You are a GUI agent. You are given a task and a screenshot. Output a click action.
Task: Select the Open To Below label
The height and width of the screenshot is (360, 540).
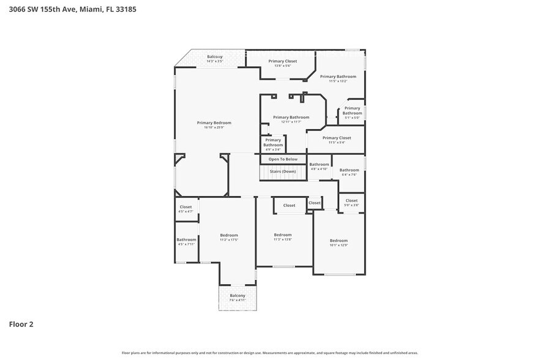coord(283,159)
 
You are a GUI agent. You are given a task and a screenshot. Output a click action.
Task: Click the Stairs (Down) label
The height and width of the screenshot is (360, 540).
coord(283,171)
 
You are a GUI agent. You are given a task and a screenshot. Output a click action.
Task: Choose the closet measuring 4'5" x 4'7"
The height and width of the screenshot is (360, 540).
coord(186,209)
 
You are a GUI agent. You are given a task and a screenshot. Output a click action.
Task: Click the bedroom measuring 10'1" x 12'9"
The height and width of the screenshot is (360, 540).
coord(339,242)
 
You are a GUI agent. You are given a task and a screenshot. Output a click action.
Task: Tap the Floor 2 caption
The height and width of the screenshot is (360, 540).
coord(21,324)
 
